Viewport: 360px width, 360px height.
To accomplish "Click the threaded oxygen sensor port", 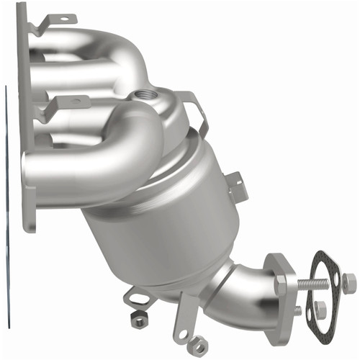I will coord(143,95).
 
